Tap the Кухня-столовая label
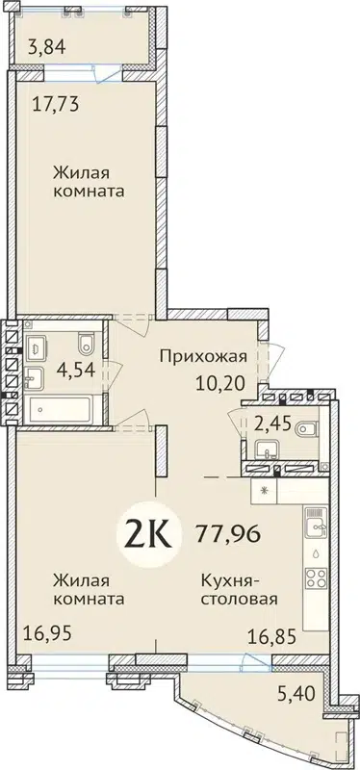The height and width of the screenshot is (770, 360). click(240, 588)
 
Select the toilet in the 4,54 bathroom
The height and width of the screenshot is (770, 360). click(87, 340)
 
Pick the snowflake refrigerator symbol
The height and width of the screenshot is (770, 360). click(265, 490)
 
